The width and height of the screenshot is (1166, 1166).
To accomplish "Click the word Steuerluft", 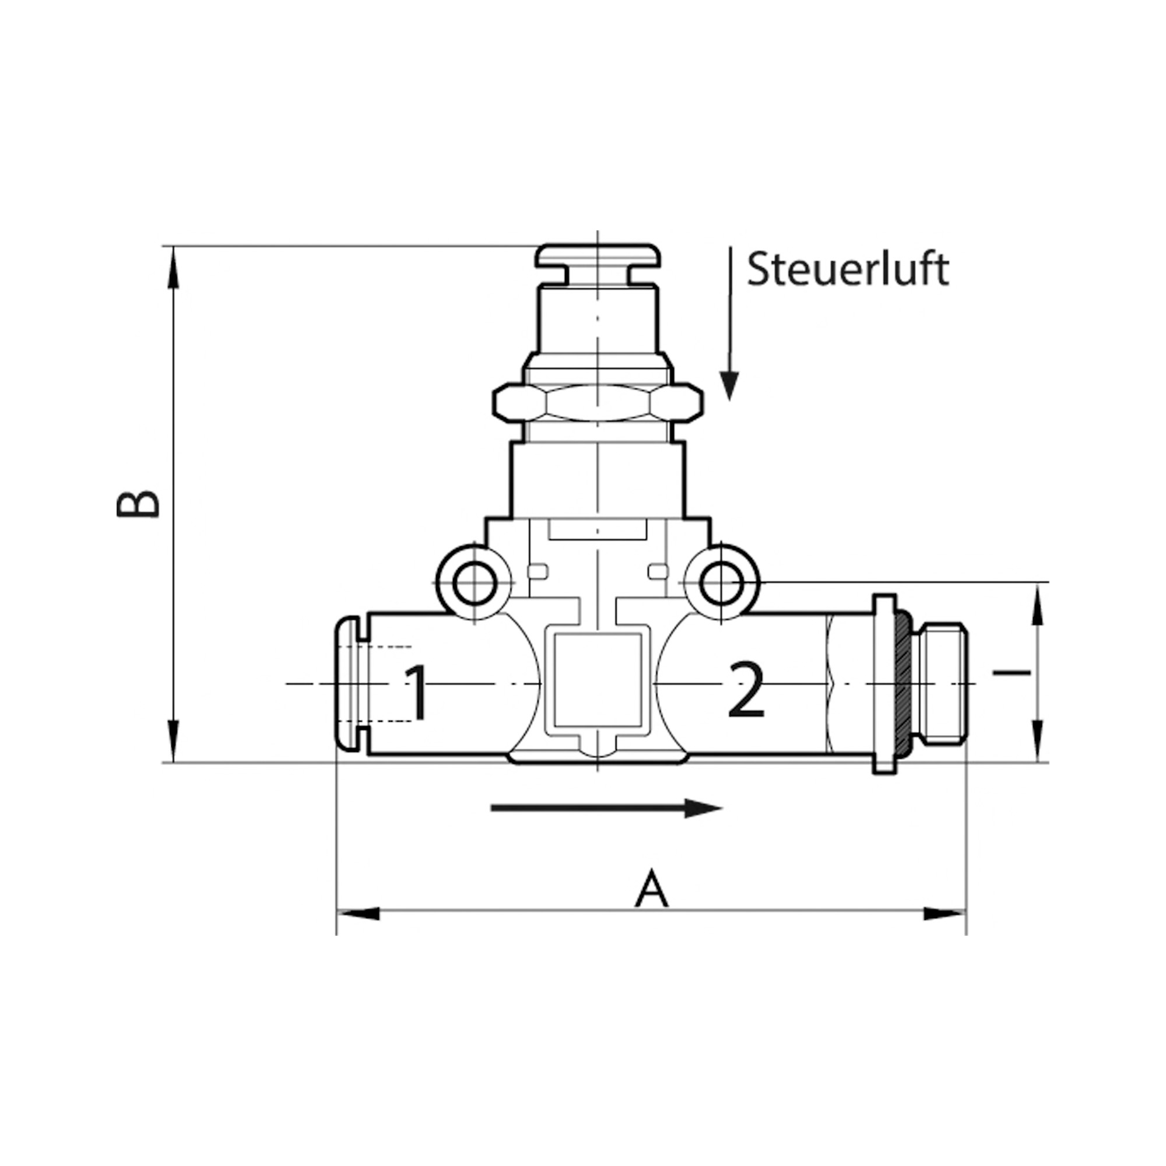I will click(847, 269).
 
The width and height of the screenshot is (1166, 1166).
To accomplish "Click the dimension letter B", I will click(138, 504).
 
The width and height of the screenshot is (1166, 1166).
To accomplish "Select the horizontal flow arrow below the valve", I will click(606, 808).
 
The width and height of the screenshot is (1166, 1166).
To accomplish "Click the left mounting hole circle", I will click(475, 583).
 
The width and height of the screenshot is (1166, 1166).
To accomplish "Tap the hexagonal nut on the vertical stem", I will click(598, 401).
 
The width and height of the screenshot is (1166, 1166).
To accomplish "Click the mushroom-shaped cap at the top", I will click(598, 256).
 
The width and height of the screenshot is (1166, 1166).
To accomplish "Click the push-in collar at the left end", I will click(348, 684).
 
